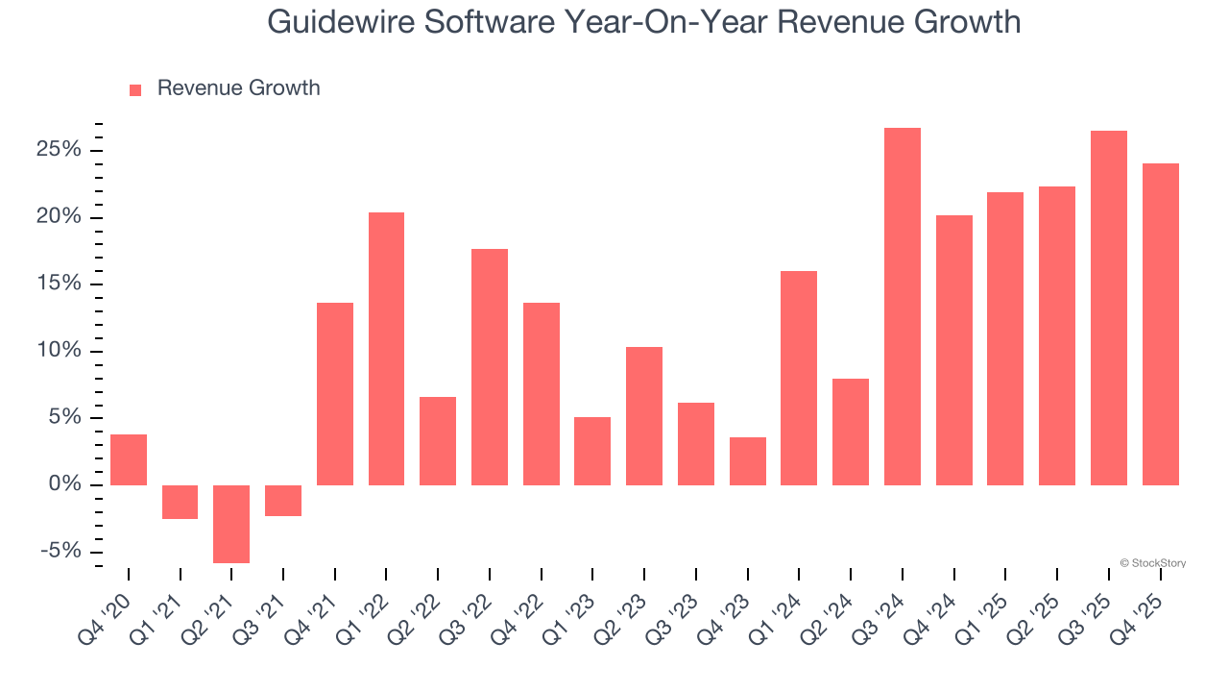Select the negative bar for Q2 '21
[231, 524]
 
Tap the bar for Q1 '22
[386, 348]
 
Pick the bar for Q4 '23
[747, 461]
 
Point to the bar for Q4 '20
[129, 459]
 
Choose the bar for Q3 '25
[1108, 308]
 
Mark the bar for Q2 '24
[850, 432]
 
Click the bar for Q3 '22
[489, 366]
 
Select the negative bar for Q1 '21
[180, 502]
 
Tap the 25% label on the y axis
[60, 151]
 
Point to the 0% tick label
[66, 484]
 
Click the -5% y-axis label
[62, 552]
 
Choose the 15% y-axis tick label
[60, 284]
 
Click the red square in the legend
[135, 89]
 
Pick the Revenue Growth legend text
[238, 88]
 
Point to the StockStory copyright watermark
[1152, 563]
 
